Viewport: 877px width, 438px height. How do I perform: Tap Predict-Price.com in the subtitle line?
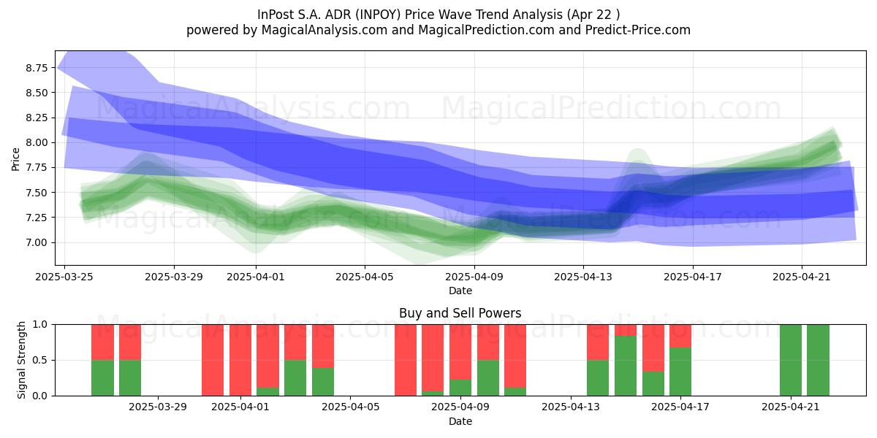click(638, 30)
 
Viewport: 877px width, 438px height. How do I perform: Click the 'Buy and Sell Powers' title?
click(460, 313)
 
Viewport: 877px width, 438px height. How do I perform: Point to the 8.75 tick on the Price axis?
click(37, 68)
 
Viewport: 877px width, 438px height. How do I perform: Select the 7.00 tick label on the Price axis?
click(37, 242)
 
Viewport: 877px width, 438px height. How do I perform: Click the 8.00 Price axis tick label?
click(37, 143)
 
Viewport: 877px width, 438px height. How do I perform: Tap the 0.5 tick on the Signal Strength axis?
click(40, 360)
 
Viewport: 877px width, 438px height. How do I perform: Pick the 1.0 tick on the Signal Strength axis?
click(40, 324)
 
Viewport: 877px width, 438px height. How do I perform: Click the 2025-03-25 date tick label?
click(64, 277)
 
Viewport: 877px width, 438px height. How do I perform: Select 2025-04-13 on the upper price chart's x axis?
click(583, 277)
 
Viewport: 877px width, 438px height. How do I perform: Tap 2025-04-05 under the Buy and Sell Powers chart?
click(350, 407)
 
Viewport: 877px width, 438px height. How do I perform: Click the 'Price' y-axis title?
click(15, 159)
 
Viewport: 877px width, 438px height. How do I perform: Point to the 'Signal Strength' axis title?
click(21, 360)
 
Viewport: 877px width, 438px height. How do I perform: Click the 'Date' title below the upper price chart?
click(460, 291)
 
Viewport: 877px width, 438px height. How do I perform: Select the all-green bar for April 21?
click(791, 360)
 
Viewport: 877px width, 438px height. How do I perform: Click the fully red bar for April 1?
click(240, 360)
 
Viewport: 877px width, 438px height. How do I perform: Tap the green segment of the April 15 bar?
click(626, 366)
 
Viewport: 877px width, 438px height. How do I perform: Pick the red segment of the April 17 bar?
click(680, 336)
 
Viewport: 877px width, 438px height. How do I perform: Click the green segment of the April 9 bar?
click(460, 388)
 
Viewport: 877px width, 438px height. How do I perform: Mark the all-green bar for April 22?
click(818, 360)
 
